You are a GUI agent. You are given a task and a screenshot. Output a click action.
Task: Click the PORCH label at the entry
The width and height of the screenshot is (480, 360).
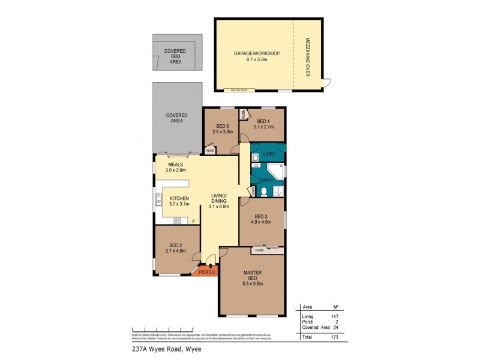tap(206, 271)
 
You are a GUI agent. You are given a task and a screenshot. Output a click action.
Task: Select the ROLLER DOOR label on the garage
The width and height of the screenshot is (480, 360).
tap(240, 91)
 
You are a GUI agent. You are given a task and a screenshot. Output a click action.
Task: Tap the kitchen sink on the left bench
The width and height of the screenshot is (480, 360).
tap(159, 202)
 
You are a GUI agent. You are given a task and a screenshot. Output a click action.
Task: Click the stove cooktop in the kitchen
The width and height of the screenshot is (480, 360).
tap(177, 221)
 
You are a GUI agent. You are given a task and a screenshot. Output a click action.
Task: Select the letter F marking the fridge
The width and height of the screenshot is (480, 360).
tap(194, 221)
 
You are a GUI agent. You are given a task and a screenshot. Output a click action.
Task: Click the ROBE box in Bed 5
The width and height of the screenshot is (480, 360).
tap(209, 151)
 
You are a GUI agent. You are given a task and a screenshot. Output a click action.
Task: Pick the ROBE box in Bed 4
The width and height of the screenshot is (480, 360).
tap(243, 114)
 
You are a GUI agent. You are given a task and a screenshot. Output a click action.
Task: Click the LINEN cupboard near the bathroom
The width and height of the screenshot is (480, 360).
tap(254, 191)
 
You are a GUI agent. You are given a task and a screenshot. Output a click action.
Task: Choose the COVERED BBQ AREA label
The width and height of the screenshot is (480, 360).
tap(175, 56)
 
